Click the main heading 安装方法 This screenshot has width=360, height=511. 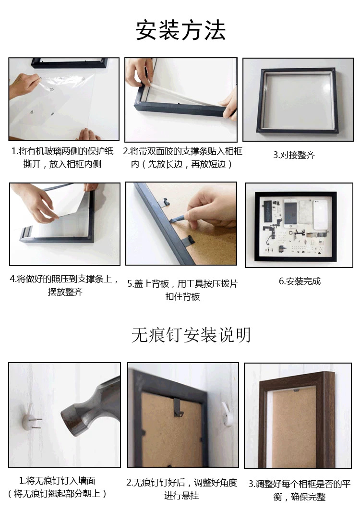(180, 31)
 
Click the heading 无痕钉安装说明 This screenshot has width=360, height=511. (191, 335)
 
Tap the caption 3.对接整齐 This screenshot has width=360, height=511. (294, 155)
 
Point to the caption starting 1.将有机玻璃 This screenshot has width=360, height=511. (62, 158)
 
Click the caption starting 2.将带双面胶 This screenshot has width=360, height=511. (182, 158)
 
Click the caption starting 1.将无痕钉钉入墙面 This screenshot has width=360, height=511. (58, 487)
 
